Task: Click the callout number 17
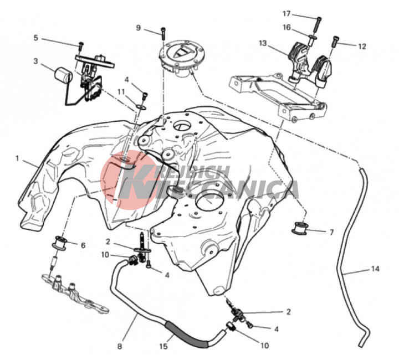[x=287, y=13]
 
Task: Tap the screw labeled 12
[x=335, y=41]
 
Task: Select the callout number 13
[x=263, y=43]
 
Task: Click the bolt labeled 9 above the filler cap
[x=163, y=33]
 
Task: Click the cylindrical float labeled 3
[x=63, y=74]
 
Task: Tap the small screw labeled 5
[x=81, y=46]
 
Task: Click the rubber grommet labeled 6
[x=59, y=243]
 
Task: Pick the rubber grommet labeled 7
[x=299, y=228]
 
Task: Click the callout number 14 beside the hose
[x=375, y=269]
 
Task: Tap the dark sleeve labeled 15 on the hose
[x=187, y=335]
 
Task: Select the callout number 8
[x=120, y=346]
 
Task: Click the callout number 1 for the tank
[x=17, y=158]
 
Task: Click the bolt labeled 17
[x=317, y=27]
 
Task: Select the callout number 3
[x=35, y=61]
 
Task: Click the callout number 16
[x=287, y=27]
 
